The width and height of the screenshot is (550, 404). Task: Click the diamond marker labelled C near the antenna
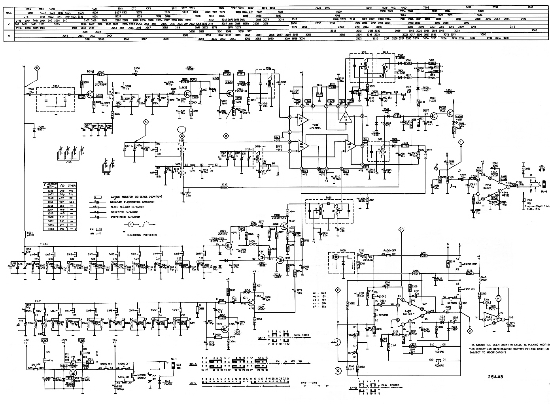point(37,68)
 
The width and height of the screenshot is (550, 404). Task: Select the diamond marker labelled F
point(402,229)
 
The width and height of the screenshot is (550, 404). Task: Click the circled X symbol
point(338,371)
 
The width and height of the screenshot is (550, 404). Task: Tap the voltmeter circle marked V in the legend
point(130,225)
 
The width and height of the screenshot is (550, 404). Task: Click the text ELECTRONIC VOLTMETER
point(142,235)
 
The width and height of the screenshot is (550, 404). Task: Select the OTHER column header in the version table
point(72,185)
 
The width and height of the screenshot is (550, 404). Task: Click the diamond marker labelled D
point(227,135)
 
